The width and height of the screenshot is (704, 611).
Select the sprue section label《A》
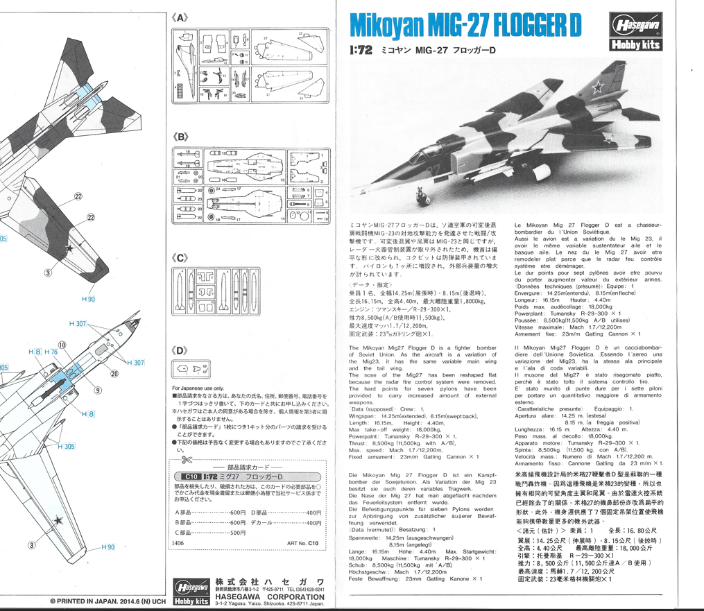[x=182, y=19]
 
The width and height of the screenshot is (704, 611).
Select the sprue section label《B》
[x=182, y=138]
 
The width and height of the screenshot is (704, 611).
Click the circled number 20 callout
[x=114, y=374]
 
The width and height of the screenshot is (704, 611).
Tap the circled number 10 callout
[x=62, y=344]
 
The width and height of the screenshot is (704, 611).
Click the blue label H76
[x=51, y=352]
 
